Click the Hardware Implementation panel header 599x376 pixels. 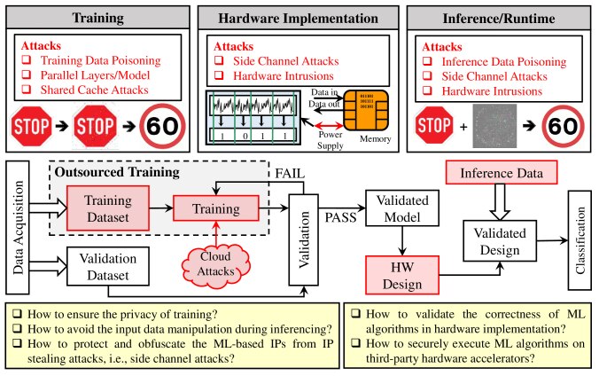[298, 18]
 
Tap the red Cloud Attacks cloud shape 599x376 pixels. [216, 264]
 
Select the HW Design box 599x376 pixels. [402, 276]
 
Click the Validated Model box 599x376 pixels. [402, 208]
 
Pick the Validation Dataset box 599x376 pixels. [108, 267]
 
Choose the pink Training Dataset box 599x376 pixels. [108, 208]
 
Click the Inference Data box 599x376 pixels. [502, 173]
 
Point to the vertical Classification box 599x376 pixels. [580, 240]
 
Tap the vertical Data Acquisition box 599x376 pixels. [18, 227]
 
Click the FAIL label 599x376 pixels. [290, 174]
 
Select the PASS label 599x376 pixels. [340, 217]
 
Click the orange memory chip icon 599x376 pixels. [366, 111]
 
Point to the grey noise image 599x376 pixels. [494, 126]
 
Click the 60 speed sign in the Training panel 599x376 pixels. [162, 126]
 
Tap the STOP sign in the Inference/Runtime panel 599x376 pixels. [433, 125]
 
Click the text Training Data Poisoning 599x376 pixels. [100, 60]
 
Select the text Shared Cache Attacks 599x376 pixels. [94, 90]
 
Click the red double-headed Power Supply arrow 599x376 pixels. [329, 125]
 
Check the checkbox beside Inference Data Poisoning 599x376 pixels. [427, 61]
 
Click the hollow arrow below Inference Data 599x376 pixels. [500, 202]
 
